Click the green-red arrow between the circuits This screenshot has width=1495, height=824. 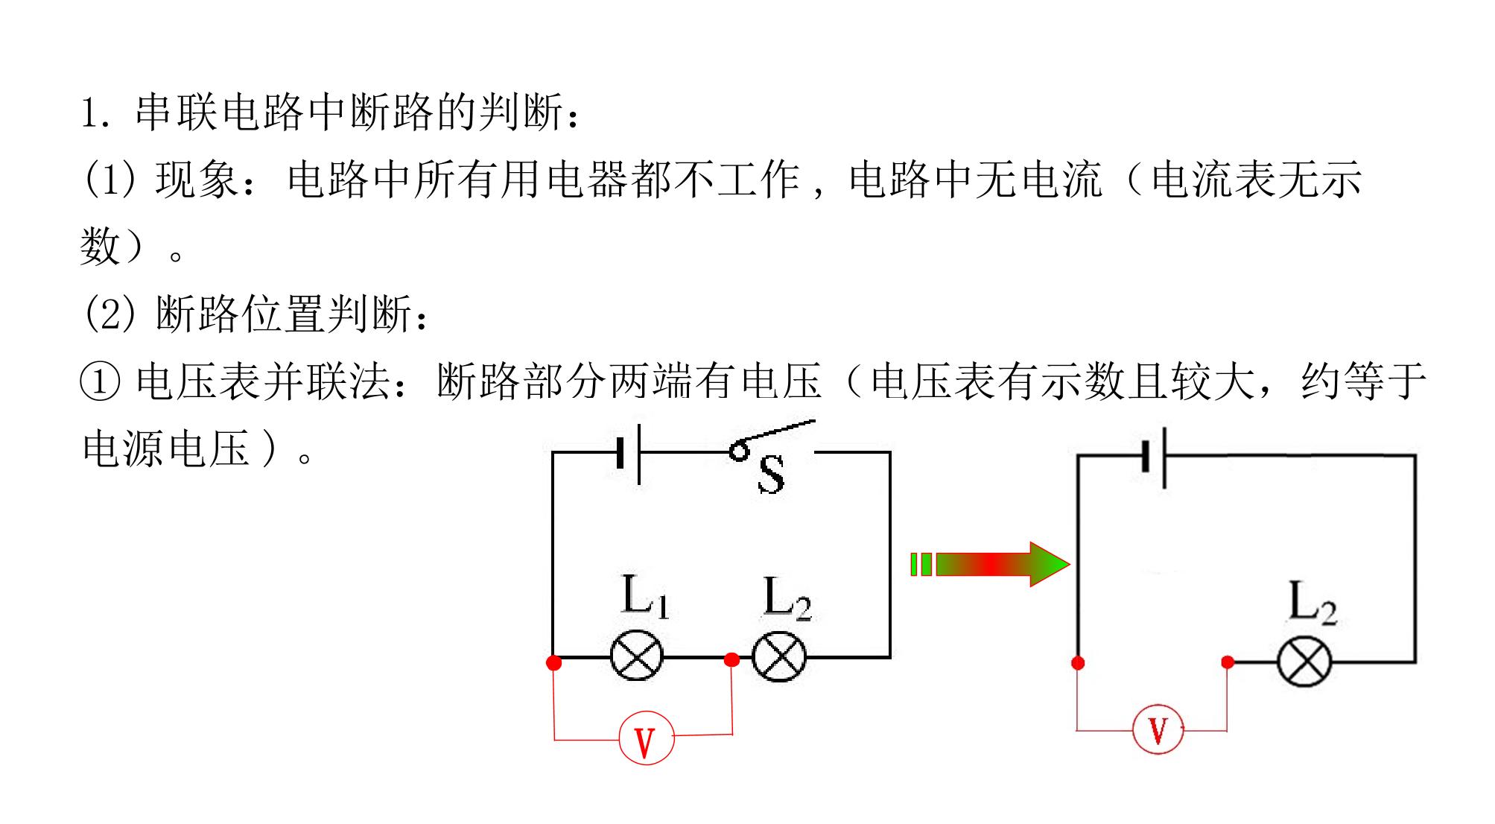coord(990,564)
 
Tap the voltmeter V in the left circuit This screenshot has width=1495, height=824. coord(646,738)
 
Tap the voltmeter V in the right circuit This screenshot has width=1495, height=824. coord(1158,729)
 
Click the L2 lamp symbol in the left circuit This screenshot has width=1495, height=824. coord(779,656)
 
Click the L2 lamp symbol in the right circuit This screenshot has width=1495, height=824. coord(1304,662)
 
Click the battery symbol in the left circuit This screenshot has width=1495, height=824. coord(629,453)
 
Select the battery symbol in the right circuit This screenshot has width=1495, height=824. coord(1154,456)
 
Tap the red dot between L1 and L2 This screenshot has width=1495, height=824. coord(732,659)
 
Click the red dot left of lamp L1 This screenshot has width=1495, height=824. coord(553,662)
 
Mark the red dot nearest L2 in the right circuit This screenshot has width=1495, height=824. coord(1228,662)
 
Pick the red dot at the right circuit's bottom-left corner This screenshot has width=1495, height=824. coord(1077,662)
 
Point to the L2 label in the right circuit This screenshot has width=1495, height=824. coord(1313,603)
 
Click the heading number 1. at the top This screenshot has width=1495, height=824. coord(96,114)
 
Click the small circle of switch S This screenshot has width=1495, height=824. coord(738,451)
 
